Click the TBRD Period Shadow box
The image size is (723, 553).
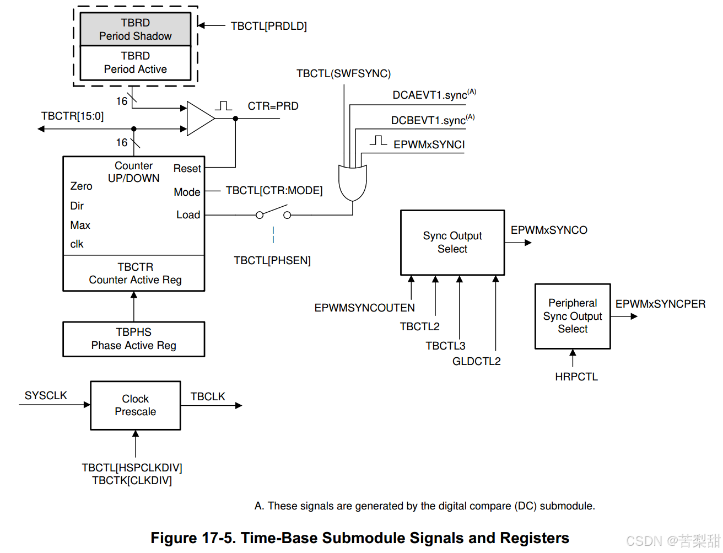point(135,29)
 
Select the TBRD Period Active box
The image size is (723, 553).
point(135,63)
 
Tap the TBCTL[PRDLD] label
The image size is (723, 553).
point(268,26)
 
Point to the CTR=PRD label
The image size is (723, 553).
point(273,106)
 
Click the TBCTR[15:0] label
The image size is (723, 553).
point(72,116)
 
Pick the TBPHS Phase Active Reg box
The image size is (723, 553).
point(133,339)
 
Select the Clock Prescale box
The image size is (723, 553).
point(135,405)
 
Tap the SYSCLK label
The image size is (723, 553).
point(46,396)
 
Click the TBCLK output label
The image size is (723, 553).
point(208,397)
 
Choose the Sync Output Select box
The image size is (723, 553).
point(452,243)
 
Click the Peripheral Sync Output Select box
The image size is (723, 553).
point(573,316)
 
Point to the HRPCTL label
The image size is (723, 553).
point(576,377)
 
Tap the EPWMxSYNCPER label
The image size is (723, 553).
point(660,304)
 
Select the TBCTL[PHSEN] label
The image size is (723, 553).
point(272,261)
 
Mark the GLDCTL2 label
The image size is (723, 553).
point(476,362)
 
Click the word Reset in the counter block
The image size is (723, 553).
point(187,169)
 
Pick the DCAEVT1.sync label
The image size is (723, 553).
point(430,95)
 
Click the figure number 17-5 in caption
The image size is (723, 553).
point(218,538)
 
